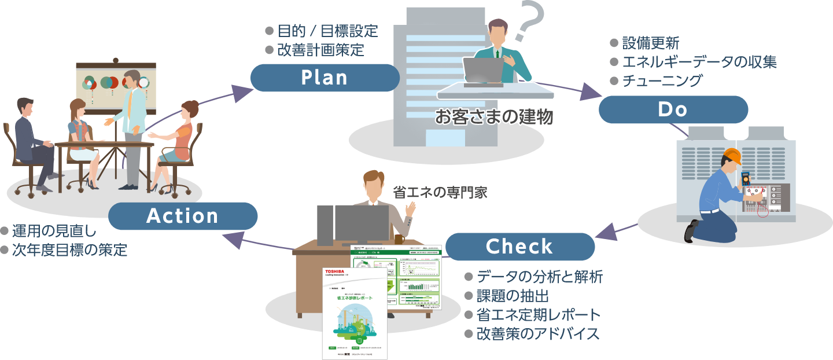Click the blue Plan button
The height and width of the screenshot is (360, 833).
(325, 78)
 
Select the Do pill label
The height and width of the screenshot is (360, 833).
(673, 109)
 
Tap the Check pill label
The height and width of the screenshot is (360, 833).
(519, 247)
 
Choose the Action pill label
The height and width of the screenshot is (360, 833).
(183, 216)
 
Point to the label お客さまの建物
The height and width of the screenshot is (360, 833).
(494, 117)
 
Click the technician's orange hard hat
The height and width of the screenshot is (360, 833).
(732, 156)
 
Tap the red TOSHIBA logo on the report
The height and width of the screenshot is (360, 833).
(334, 271)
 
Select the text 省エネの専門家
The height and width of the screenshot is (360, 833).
(440, 193)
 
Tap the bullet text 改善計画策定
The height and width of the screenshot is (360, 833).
(320, 50)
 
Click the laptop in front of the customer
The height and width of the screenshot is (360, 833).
(483, 71)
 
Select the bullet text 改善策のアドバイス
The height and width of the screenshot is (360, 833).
(537, 334)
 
